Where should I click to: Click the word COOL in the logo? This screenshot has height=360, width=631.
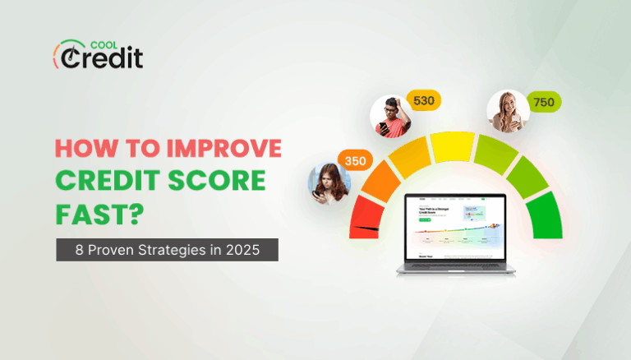click(x=102, y=44)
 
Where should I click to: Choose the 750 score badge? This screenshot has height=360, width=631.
click(x=542, y=102)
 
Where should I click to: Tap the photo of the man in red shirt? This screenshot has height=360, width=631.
click(x=389, y=117)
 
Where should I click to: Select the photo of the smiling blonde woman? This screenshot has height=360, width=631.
click(x=508, y=112)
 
